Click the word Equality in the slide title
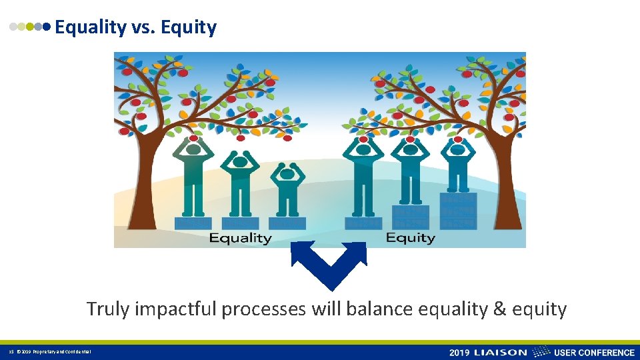(90, 27)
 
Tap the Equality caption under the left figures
(240, 238)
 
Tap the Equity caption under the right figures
(410, 238)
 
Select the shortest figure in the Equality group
(287, 188)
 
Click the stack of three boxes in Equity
(458, 211)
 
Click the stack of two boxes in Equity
(411, 217)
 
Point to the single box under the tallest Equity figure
(363, 223)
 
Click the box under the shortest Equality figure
(287, 223)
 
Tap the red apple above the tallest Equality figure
(193, 138)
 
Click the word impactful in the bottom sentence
(175, 309)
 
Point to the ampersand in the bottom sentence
(501, 309)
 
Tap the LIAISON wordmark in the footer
(501, 352)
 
